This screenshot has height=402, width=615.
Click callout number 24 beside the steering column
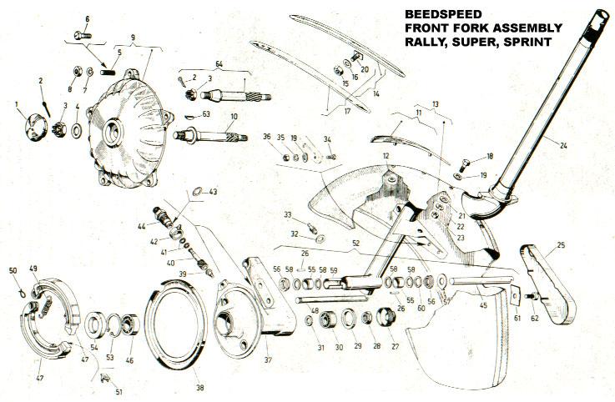(x=564, y=145)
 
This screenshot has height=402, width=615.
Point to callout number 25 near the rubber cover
(x=560, y=245)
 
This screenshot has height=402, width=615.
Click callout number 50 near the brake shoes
(x=12, y=269)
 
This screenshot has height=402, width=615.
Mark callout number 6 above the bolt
(x=88, y=18)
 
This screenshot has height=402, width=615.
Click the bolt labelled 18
(x=469, y=160)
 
